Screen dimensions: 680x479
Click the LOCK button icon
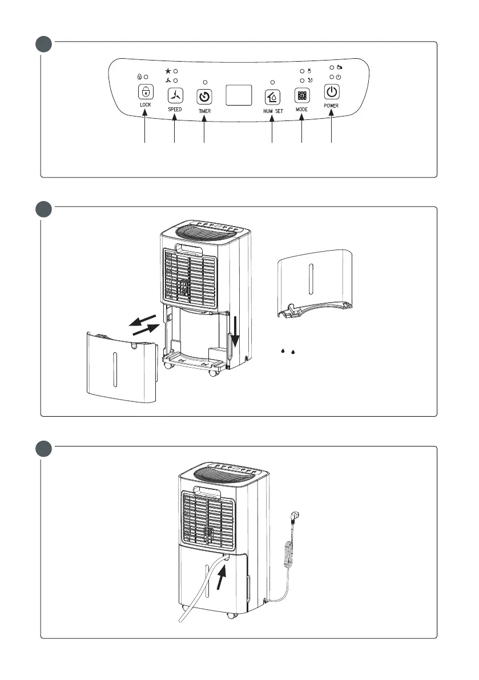[145, 92]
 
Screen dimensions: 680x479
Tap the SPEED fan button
[174, 95]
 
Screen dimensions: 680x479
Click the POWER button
[332, 92]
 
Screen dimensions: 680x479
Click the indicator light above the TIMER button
[205, 82]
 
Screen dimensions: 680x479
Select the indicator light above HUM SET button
[272, 82]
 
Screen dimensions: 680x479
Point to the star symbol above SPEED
[168, 70]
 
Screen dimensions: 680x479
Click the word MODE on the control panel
[302, 108]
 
